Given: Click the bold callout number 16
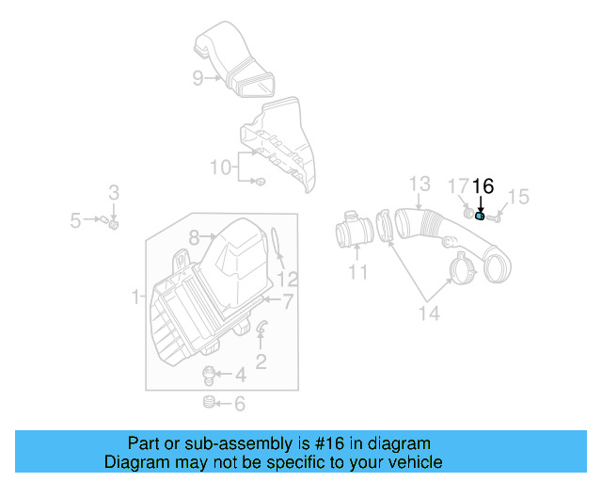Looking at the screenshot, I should click(483, 186).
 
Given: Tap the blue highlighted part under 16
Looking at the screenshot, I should click(481, 216).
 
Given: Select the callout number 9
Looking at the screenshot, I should click(198, 78).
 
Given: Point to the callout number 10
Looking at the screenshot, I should click(220, 168).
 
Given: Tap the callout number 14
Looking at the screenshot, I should click(428, 313).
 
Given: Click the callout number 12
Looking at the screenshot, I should click(288, 279).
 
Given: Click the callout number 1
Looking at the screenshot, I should click(137, 297).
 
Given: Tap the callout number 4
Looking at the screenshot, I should click(240, 376).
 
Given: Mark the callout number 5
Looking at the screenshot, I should click(76, 221).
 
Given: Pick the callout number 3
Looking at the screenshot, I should click(113, 193).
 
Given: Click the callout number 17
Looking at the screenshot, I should click(457, 186).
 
